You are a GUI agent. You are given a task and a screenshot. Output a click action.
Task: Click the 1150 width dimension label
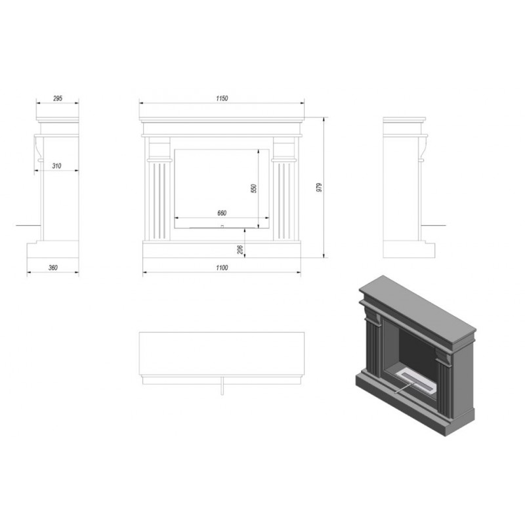222,98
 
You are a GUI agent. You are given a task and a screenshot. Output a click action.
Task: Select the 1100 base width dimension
222,268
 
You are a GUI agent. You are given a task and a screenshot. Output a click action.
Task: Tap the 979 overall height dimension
319,188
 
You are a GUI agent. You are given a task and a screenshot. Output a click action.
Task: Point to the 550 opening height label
254,188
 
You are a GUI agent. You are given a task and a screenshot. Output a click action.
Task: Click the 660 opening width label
222,213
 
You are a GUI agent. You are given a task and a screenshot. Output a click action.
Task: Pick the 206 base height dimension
240,249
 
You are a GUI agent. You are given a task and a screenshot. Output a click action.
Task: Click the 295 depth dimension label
58,98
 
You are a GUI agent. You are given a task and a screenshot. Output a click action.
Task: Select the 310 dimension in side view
56,166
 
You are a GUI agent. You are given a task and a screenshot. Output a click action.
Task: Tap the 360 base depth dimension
53,268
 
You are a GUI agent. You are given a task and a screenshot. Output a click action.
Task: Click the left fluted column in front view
159,201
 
